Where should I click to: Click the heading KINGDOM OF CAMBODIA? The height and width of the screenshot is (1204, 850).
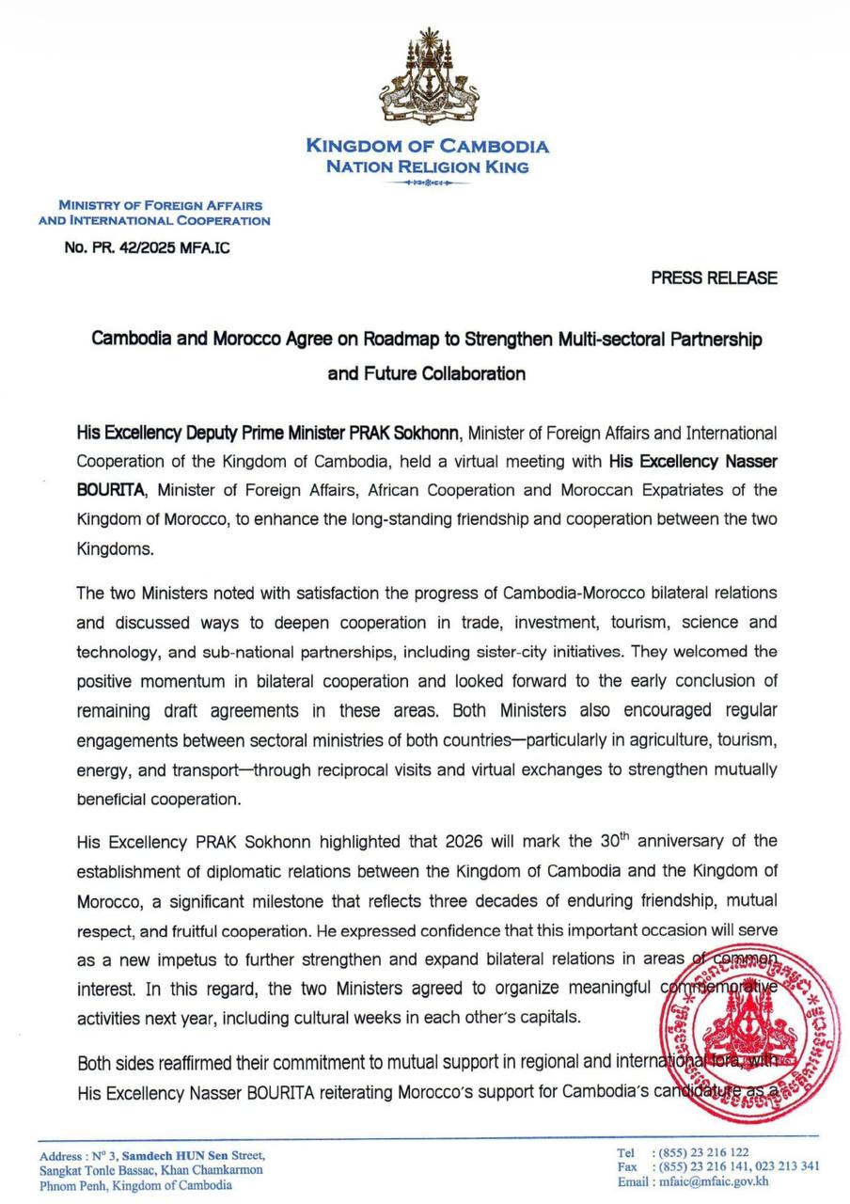point(427,146)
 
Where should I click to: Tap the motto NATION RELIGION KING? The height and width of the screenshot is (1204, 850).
point(427,166)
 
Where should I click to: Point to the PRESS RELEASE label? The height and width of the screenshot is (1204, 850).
point(714,278)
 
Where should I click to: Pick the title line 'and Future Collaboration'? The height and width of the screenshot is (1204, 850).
point(426,373)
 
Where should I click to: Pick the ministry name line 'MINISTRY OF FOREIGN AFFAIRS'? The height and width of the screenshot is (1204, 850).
point(160,205)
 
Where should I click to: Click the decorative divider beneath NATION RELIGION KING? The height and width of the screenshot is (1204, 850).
point(427,182)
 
